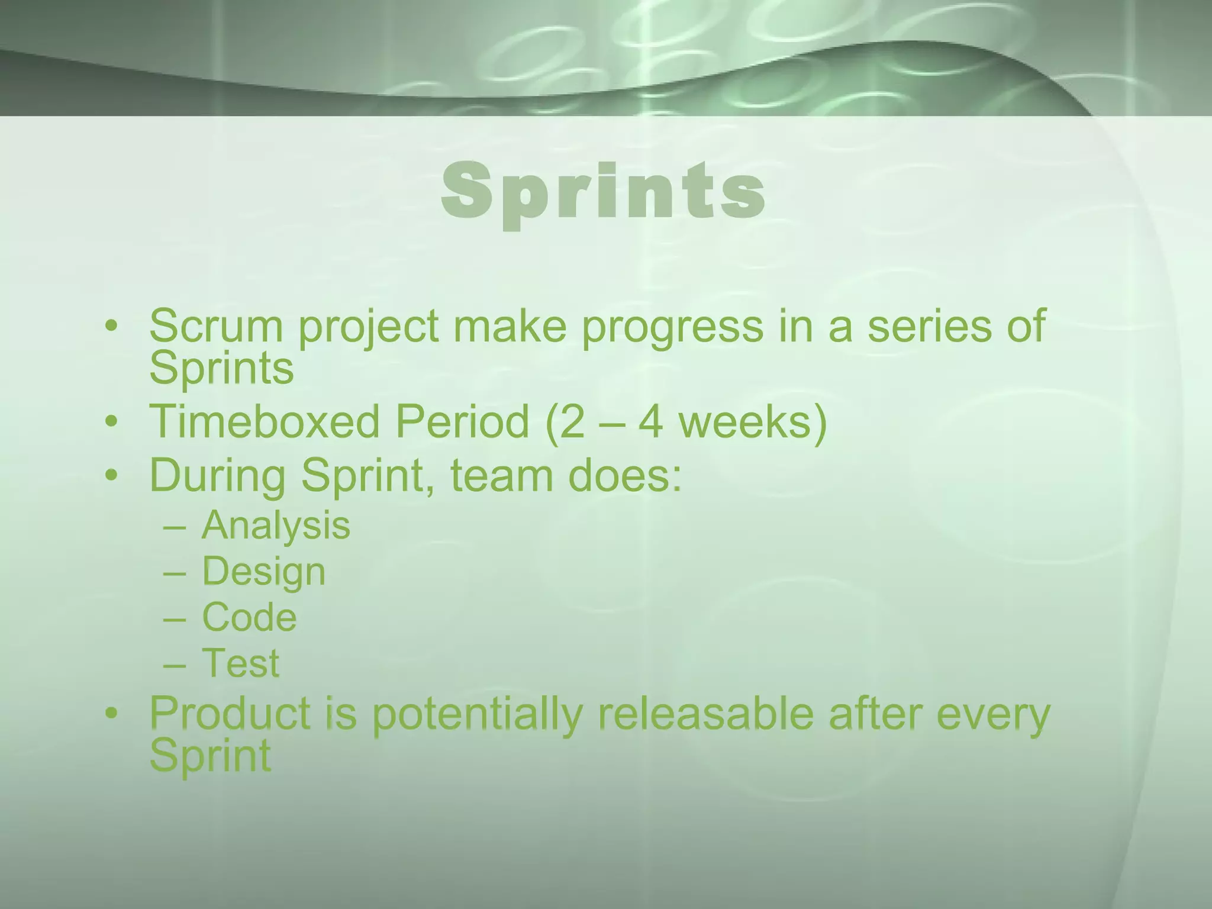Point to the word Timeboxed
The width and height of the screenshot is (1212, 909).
(x=263, y=422)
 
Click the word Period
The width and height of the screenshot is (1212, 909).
(x=462, y=422)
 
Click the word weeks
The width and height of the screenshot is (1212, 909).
(x=746, y=422)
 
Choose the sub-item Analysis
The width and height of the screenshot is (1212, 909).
(x=276, y=526)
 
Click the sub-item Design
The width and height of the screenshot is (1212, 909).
(x=264, y=572)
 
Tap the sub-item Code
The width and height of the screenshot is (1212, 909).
(x=249, y=617)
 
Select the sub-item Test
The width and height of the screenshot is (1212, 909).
(x=240, y=663)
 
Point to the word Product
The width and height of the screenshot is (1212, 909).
(x=230, y=713)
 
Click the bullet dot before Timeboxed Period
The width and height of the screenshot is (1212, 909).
(x=111, y=423)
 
